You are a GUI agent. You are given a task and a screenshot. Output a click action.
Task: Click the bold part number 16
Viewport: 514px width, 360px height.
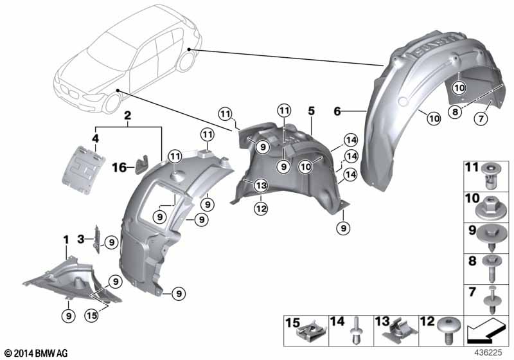tap(119, 168)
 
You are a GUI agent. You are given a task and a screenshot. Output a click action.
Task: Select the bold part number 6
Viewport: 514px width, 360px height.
tap(337, 111)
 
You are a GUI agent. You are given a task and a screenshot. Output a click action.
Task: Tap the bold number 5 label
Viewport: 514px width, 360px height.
tap(311, 111)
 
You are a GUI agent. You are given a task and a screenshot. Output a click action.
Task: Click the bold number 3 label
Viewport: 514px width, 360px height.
tap(81, 239)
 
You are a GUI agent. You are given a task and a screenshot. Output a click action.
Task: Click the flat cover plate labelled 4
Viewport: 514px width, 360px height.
tap(84, 170)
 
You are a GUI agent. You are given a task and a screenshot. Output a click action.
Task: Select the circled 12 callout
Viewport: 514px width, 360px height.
tap(261, 208)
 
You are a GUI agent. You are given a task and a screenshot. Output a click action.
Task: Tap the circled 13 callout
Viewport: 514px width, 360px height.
tap(261, 186)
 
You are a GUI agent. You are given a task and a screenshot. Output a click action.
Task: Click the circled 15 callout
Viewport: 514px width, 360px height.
tap(91, 316)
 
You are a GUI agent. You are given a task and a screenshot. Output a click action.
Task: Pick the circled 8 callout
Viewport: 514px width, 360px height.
tap(455, 112)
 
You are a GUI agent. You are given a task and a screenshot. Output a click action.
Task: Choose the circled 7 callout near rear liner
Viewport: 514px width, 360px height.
tap(481, 118)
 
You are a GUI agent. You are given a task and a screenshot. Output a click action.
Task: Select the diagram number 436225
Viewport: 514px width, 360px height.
tap(488, 353)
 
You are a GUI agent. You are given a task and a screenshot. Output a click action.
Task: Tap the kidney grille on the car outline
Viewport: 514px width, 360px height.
tap(69, 91)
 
